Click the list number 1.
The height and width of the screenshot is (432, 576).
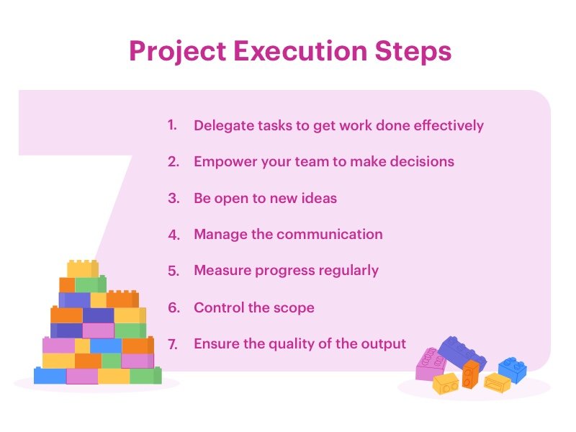click(172, 125)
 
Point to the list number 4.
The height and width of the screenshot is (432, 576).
click(173, 235)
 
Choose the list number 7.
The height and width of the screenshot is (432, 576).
click(173, 344)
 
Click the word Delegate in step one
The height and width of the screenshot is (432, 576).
click(223, 125)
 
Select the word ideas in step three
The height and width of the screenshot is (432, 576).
click(318, 198)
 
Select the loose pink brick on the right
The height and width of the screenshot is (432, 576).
click(431, 364)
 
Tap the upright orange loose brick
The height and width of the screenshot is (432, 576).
click(470, 374)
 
